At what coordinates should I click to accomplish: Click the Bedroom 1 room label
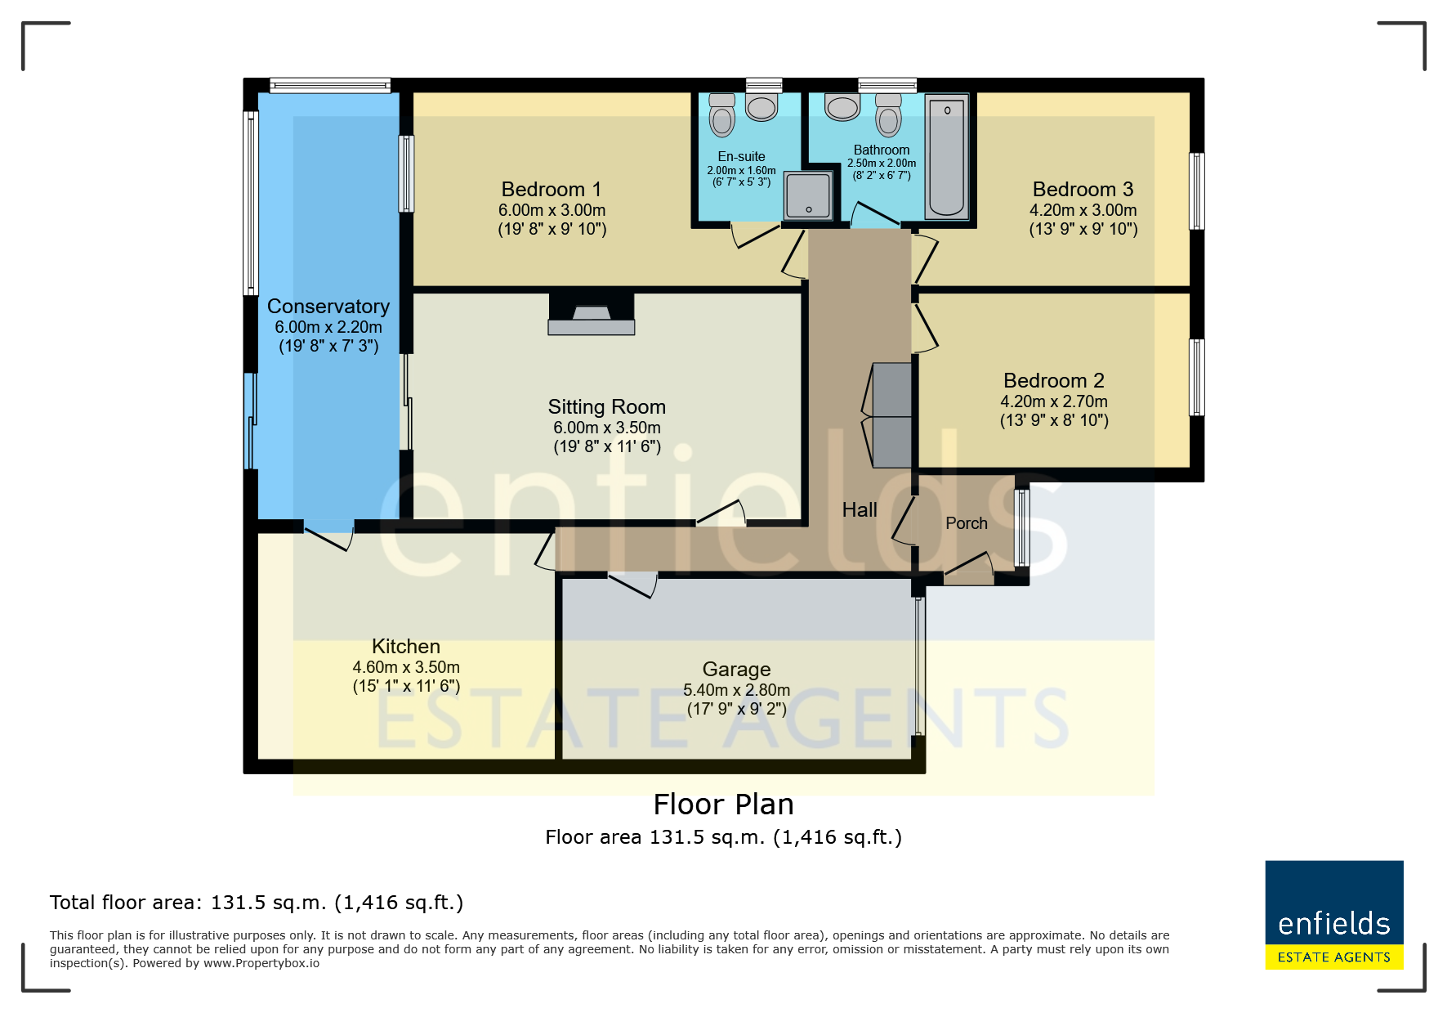coord(552,190)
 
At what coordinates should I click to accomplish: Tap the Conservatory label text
coord(328,307)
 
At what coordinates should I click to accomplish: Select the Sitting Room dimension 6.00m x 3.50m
coord(607,428)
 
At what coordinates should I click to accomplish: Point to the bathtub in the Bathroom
coord(947,157)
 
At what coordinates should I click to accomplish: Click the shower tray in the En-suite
coord(808,196)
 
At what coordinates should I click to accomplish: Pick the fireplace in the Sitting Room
coord(592,314)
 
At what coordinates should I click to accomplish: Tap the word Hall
coord(860,510)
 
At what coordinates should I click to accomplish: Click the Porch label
coord(967,523)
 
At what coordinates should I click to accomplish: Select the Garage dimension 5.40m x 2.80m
coord(737,690)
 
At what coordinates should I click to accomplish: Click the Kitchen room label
coord(406,647)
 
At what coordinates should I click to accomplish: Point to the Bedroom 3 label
coord(1083,190)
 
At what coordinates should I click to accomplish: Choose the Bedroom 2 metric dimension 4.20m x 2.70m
coord(1054,401)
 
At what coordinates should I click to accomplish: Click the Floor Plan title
coord(724,805)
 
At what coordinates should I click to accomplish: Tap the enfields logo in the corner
coord(1334,915)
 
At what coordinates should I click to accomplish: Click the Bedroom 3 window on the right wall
coord(1197,191)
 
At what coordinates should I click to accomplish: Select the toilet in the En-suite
coord(722,114)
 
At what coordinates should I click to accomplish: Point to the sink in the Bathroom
coord(842,106)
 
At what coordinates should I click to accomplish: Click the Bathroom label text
coord(882,150)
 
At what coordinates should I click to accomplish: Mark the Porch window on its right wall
coord(1022,528)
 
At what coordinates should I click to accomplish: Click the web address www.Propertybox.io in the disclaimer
coord(261,963)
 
